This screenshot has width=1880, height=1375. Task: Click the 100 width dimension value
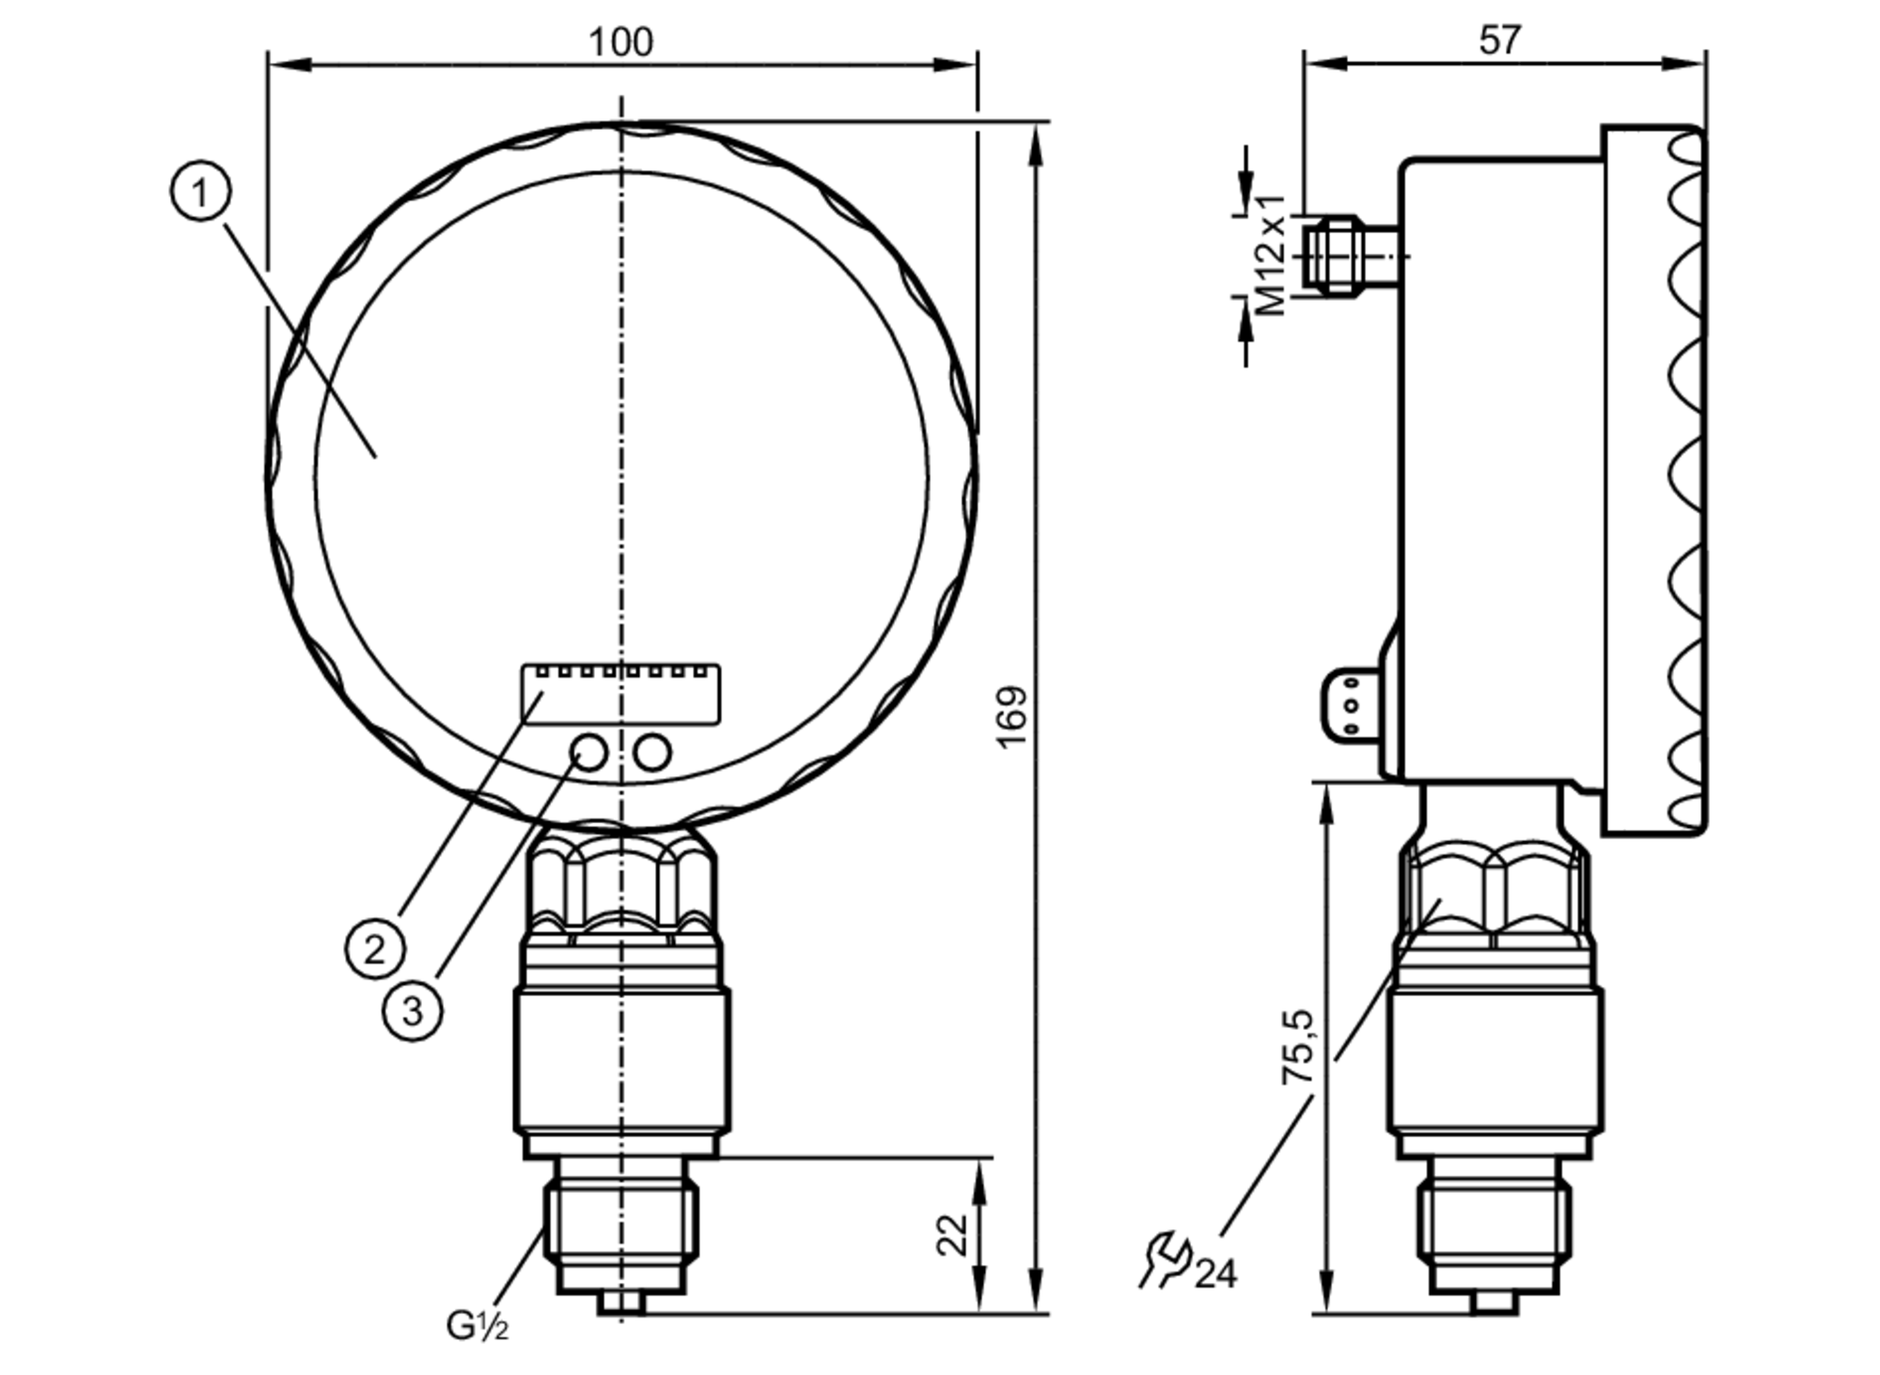pos(620,42)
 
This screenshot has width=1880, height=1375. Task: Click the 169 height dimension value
pos(1012,717)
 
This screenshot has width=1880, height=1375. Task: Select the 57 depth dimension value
pos(1498,40)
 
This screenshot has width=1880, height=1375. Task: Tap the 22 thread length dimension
pos(952,1235)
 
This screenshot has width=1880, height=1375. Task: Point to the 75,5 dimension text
pos(1299,1047)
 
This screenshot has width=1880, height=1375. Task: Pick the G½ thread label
pos(477,1326)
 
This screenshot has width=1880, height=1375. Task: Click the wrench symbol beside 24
pos(1166,1259)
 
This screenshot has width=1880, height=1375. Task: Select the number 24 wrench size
pos(1216,1274)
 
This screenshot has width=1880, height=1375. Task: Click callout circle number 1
pos(200,192)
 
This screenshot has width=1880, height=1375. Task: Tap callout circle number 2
pos(374,948)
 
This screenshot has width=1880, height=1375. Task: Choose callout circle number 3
pos(413,1011)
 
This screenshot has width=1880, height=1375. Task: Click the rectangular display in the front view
pos(621,695)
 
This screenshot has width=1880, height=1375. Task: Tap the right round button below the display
pos(652,752)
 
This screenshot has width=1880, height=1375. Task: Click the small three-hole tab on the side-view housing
pos(1352,705)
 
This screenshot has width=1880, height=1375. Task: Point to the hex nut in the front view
pos(621,883)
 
